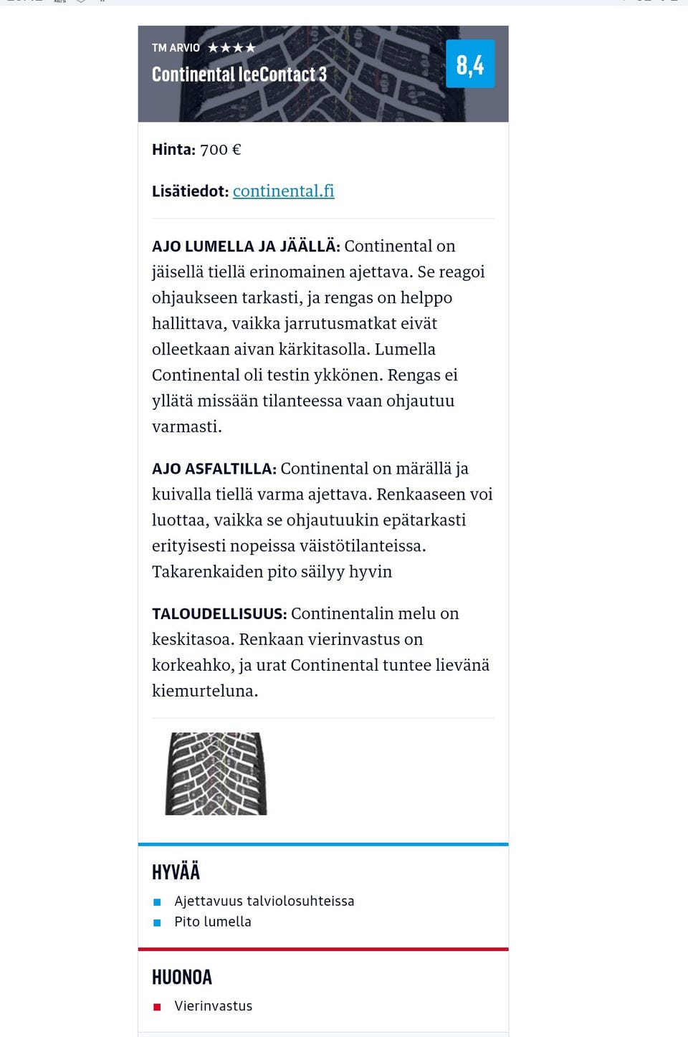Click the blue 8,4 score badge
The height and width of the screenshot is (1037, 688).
click(470, 64)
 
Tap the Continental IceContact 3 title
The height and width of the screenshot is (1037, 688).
click(239, 75)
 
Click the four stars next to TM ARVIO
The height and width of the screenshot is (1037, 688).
click(231, 48)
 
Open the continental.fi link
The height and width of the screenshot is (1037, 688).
click(283, 191)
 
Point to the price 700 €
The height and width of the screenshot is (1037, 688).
click(220, 150)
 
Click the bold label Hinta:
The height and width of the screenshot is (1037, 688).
click(173, 150)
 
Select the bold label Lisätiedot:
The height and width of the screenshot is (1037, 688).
click(190, 191)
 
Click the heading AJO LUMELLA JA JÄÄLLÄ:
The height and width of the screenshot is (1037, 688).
click(246, 247)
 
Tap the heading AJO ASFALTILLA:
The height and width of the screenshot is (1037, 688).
click(214, 469)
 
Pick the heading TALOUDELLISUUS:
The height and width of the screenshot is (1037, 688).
click(219, 614)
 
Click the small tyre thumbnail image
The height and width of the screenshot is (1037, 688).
click(216, 773)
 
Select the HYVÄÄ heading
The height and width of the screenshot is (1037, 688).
click(176, 871)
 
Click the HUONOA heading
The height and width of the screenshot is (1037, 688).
click(182, 977)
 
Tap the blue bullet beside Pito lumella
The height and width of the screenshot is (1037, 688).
click(157, 922)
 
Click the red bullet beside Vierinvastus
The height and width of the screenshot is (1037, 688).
click(157, 1007)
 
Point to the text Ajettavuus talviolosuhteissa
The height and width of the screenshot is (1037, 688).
click(264, 901)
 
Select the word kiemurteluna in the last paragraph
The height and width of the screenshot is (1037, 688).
click(204, 692)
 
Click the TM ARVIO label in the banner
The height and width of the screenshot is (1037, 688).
click(176, 48)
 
